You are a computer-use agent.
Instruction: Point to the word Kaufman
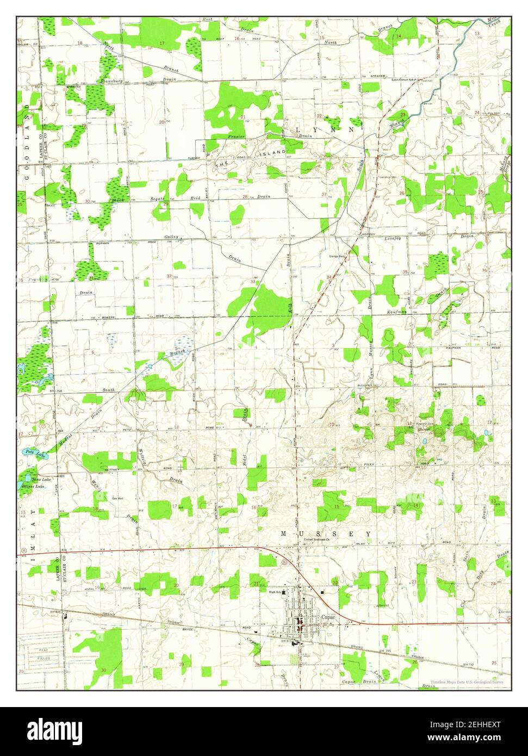point(398,313)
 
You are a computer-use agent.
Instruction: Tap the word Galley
point(172,237)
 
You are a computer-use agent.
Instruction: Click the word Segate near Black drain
point(158,200)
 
